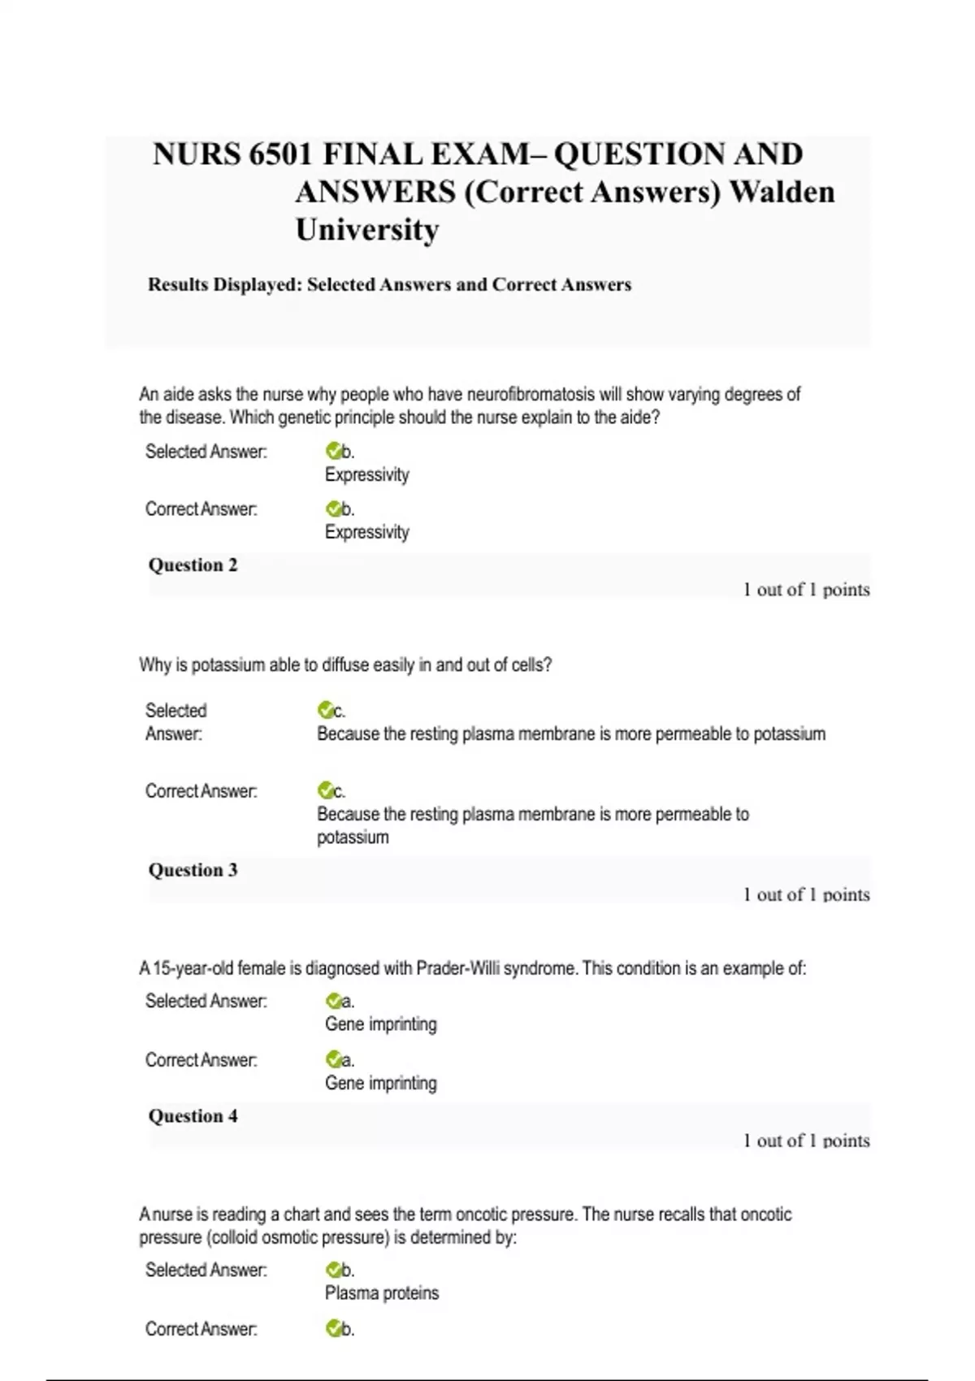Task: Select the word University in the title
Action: click(367, 230)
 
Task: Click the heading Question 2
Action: click(193, 565)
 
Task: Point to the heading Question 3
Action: click(193, 870)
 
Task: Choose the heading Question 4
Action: click(193, 1116)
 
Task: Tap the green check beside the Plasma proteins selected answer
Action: click(333, 1270)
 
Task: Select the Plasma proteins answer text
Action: click(382, 1293)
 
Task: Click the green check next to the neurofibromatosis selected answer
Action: click(333, 451)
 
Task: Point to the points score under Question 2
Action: click(806, 590)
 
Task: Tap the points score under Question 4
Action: click(806, 1141)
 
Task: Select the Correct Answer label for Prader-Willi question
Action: click(201, 1060)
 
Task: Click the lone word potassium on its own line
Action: click(353, 838)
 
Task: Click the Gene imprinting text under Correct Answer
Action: click(380, 1084)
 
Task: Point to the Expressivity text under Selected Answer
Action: click(366, 475)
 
